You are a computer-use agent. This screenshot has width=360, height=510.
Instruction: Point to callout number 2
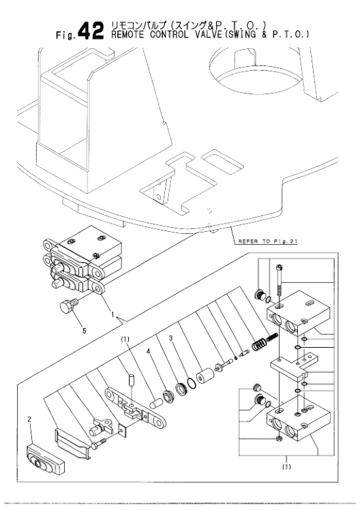29,430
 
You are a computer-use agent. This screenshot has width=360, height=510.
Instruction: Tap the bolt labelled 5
66,307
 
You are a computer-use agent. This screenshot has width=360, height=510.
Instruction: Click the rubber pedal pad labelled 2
42,466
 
